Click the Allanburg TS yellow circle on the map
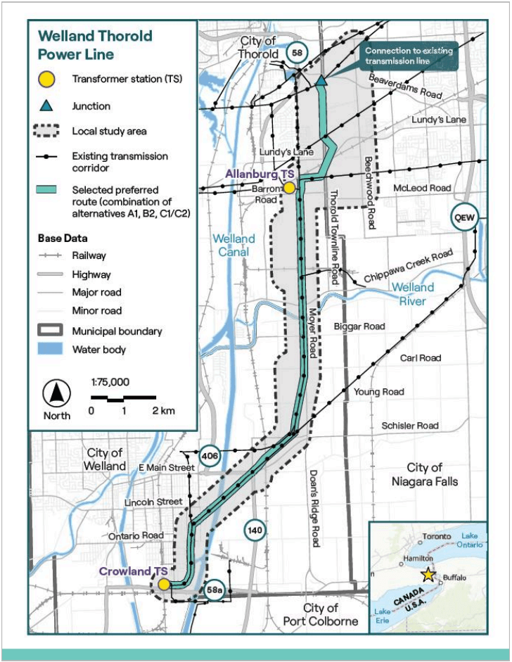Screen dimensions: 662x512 (x=289, y=187)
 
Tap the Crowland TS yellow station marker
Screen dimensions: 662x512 (x=164, y=584)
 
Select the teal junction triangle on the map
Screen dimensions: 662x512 (x=321, y=81)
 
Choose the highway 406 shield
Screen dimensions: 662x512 (x=210, y=457)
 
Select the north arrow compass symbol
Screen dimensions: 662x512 (x=57, y=392)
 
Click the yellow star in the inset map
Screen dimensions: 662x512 (x=428, y=575)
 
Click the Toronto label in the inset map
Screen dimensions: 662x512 (x=437, y=537)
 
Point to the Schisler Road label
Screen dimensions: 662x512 (x=410, y=426)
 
